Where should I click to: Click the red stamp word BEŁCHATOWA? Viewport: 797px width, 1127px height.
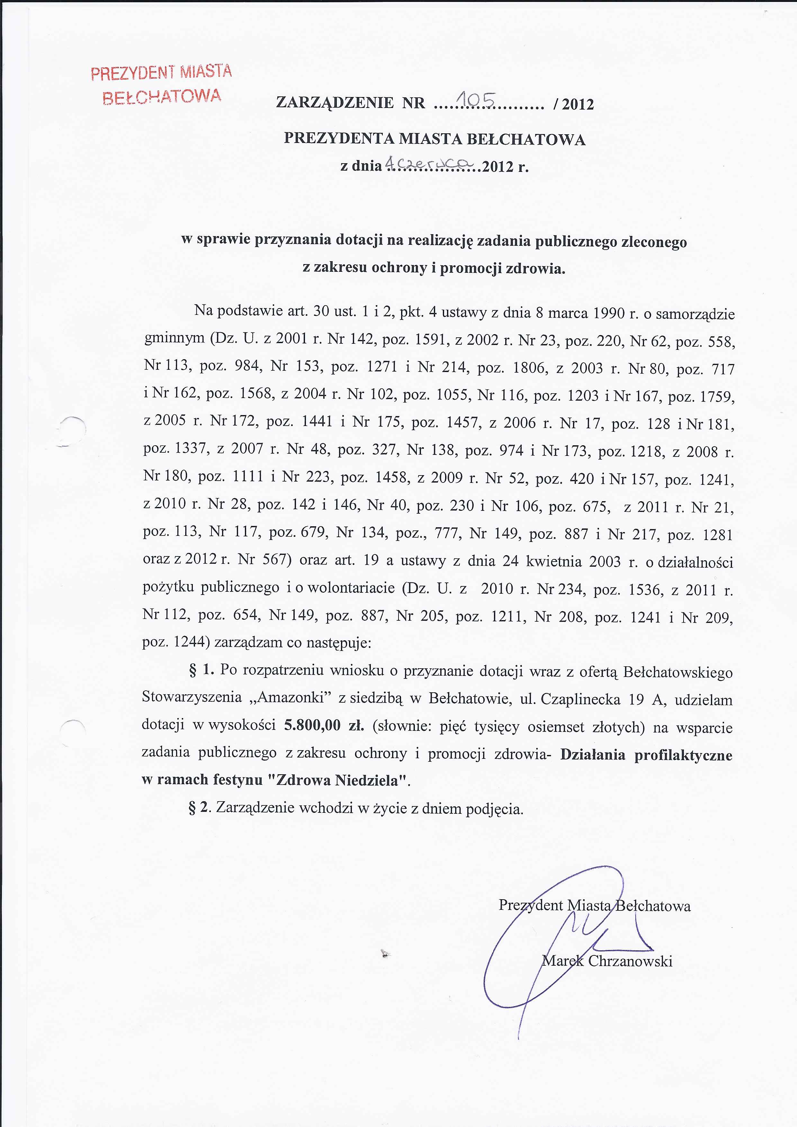coord(162,96)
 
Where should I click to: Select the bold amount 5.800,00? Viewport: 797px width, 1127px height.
coord(312,725)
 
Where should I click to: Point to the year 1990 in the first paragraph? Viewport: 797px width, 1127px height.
coord(609,313)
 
